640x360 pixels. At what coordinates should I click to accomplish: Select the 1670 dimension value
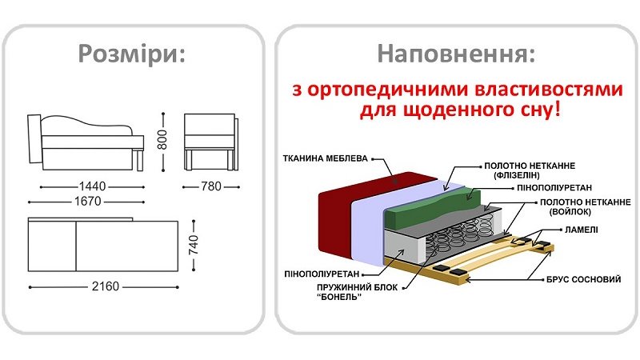(x=86, y=202)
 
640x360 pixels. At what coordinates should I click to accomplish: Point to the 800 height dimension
(x=162, y=139)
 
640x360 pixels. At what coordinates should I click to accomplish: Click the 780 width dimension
(x=211, y=186)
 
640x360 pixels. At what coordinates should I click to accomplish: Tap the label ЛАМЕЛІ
(x=575, y=230)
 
